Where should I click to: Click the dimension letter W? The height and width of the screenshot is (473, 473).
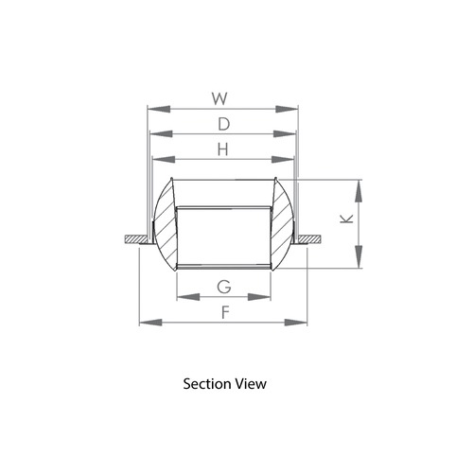click(x=219, y=97)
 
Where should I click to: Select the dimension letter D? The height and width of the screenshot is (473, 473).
click(x=223, y=123)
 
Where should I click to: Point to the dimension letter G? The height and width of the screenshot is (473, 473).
click(x=224, y=286)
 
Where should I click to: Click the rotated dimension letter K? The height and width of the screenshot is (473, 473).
click(x=347, y=219)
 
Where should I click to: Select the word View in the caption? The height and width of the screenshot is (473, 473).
click(x=252, y=384)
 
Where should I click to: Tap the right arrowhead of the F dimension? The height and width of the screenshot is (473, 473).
click(x=303, y=324)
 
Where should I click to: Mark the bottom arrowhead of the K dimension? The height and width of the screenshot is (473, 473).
click(x=359, y=264)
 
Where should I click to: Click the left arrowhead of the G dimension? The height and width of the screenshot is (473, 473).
click(x=182, y=298)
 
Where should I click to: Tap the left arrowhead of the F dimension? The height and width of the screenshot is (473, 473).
click(x=144, y=324)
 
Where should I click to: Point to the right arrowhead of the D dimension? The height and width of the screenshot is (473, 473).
click(x=292, y=134)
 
